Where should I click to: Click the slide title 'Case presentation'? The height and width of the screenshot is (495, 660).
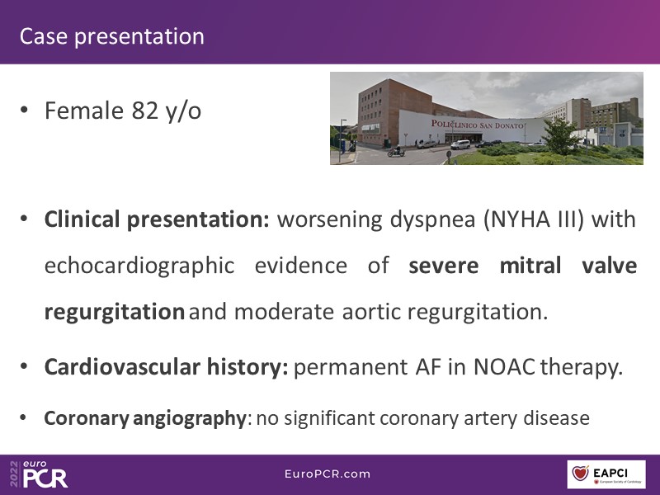(112, 36)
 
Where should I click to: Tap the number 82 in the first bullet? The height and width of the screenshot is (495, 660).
(145, 111)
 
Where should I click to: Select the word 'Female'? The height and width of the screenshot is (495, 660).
(84, 111)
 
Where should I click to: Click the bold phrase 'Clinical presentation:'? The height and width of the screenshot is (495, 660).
(157, 219)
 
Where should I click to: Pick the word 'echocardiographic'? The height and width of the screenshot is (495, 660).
(139, 266)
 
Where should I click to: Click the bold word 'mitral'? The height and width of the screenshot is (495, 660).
(530, 266)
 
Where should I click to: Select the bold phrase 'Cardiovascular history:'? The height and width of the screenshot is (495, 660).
(167, 367)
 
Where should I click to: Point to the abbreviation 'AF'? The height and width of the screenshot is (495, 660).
(428, 367)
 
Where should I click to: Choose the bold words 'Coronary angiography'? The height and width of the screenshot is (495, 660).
(145, 418)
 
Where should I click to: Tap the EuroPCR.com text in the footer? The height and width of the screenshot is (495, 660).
(328, 474)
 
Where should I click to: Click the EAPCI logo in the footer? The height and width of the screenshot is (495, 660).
(606, 474)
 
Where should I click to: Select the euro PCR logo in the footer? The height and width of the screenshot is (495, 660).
(39, 474)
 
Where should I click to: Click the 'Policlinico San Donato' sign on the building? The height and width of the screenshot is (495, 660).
(478, 125)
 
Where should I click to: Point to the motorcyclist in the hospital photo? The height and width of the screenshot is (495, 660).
(396, 151)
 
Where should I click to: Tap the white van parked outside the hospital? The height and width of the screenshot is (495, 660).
(460, 144)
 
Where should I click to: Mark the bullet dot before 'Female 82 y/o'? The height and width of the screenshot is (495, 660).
(24, 111)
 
